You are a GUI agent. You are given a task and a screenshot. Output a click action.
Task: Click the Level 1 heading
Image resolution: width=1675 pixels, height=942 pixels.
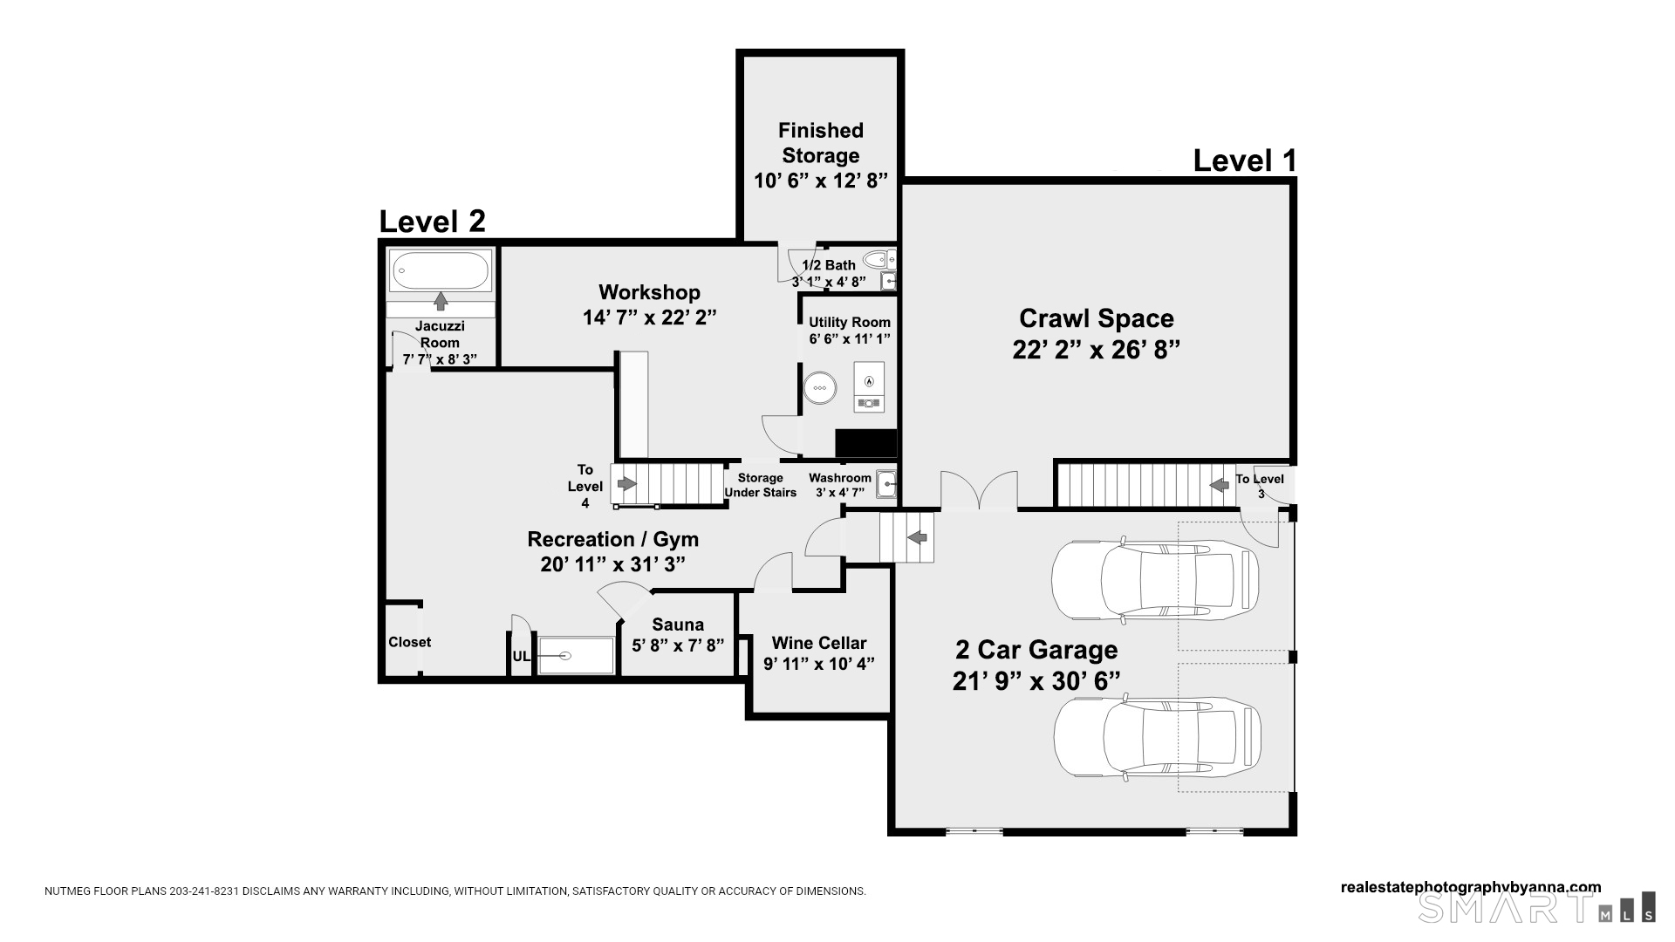[1244, 160]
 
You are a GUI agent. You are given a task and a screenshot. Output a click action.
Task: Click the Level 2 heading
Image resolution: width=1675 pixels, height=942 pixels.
[432, 222]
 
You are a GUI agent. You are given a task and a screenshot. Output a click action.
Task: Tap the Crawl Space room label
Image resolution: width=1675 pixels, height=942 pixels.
[1097, 318]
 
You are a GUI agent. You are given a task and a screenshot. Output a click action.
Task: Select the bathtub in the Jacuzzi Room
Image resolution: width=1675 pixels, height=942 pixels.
[441, 270]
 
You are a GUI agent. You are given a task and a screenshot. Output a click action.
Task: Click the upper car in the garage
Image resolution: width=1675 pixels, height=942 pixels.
[1155, 579]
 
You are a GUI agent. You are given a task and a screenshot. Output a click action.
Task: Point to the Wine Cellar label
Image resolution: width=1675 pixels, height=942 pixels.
[819, 643]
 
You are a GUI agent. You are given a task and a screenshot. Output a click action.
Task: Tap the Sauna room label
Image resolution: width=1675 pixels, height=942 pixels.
[678, 625]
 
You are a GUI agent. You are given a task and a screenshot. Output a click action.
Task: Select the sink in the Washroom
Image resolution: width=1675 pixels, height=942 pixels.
[887, 484]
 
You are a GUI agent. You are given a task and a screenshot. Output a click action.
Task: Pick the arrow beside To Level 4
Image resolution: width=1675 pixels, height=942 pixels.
[626, 483]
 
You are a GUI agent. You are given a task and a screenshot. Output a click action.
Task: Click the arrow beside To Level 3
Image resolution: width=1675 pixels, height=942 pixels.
[1220, 485]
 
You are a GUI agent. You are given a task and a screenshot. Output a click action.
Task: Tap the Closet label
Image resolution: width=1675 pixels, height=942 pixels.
[410, 642]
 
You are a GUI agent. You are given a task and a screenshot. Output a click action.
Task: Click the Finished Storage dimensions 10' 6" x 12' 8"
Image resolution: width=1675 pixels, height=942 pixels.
[820, 181]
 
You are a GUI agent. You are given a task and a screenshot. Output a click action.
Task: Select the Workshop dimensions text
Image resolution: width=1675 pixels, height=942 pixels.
[649, 317]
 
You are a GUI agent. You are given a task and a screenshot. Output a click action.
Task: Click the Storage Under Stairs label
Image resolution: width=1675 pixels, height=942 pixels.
[760, 485]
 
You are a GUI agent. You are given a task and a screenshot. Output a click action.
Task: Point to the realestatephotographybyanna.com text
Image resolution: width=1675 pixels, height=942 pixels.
[1471, 888]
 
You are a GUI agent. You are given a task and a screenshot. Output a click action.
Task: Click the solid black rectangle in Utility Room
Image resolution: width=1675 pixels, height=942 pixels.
[865, 444]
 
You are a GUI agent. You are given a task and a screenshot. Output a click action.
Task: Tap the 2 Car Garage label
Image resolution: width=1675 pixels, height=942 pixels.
[1036, 650]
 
